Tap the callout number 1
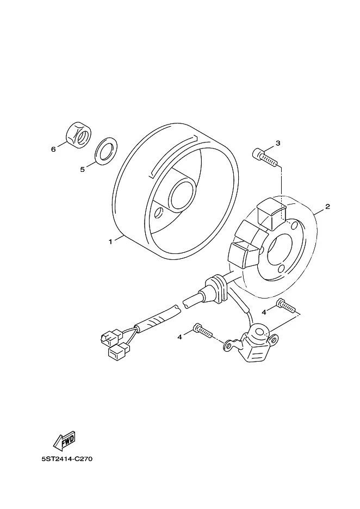click(x=110, y=241)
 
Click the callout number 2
click(x=328, y=207)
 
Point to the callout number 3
click(x=278, y=143)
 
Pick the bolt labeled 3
click(x=264, y=158)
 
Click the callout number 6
click(x=53, y=150)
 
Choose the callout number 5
click(x=83, y=170)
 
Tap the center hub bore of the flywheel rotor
click(x=183, y=194)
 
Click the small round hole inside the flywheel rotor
click(x=159, y=213)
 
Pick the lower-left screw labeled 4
click(x=203, y=331)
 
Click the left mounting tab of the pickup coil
click(x=230, y=345)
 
